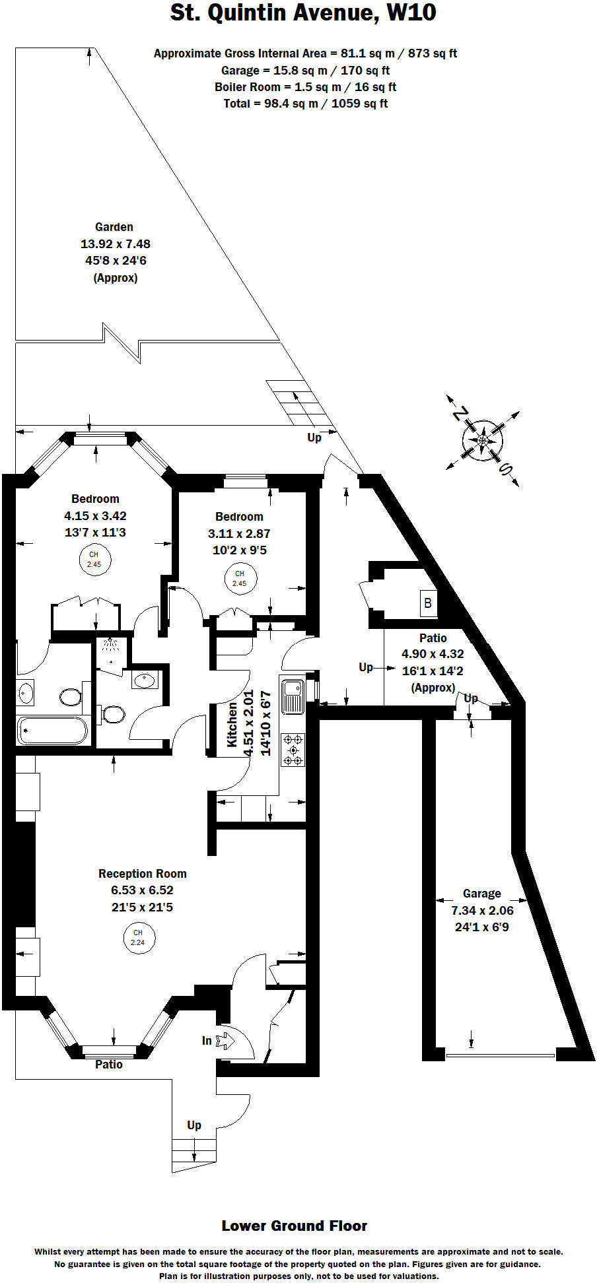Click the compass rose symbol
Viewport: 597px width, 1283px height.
coord(483,440)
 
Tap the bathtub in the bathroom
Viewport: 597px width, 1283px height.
coord(52,731)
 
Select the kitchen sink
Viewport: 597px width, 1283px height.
coord(293,696)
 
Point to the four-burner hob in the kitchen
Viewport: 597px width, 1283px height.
coord(293,750)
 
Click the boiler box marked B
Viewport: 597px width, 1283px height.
coord(428,603)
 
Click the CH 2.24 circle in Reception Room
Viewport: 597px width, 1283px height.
coord(138,937)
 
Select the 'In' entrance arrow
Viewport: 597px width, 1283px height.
coord(225,1041)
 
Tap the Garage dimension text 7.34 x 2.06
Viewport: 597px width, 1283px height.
coord(482,910)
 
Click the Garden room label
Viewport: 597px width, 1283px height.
coord(114,227)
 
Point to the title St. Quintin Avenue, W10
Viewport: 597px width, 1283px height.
coord(303,13)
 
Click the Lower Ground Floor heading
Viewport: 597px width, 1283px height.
coord(294,1226)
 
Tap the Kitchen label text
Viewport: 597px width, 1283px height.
coord(232,724)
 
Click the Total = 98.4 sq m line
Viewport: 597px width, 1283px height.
coord(305,104)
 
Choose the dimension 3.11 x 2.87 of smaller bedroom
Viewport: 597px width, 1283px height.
coord(239,533)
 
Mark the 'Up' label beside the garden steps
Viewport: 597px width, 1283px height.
coord(314,437)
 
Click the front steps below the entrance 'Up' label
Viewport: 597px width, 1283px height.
coord(194,1152)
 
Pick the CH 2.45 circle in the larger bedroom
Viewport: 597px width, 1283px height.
coord(94,560)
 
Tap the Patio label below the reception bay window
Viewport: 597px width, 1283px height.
coord(108,1064)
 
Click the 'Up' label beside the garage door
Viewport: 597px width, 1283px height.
coord(470,698)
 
